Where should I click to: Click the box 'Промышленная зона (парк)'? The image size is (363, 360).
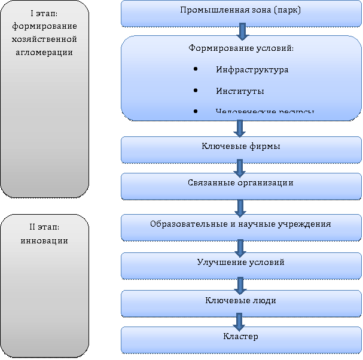240,13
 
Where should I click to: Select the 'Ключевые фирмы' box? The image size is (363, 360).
240,147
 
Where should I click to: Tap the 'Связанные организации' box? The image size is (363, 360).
240,183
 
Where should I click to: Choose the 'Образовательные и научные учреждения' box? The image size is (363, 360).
240,224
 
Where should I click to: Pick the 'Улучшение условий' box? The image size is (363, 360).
240,263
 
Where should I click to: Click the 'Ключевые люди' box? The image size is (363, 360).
240,300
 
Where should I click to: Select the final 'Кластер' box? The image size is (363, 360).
240,337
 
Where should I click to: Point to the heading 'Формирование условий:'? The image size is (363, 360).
241,48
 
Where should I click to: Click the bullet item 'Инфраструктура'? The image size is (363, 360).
252,70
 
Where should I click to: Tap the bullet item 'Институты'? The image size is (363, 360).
239,91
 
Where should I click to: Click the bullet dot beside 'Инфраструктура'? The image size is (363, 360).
197,70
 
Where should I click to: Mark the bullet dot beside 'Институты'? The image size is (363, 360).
197,91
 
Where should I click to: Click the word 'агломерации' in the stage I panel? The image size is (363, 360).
45,52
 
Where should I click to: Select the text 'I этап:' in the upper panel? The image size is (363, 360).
45,14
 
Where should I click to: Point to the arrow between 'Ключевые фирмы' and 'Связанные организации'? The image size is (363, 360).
240,166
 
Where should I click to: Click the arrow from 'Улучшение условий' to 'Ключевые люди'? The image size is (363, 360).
240,283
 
